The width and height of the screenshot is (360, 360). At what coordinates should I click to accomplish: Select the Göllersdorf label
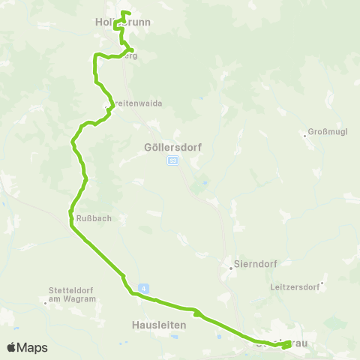pyautogui.click(x=172, y=148)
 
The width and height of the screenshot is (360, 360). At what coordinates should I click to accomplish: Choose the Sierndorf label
pyautogui.click(x=252, y=265)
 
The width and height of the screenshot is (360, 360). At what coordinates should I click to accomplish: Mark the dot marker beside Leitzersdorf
pyautogui.click(x=321, y=285)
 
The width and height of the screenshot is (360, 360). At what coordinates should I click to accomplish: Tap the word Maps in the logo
pyautogui.click(x=33, y=347)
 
